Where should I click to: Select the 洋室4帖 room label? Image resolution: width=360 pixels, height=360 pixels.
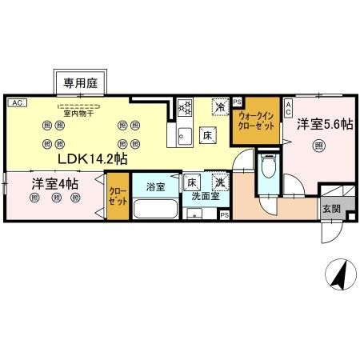pyautogui.click(x=54, y=183)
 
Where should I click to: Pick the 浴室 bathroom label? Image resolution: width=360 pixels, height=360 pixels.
pyautogui.click(x=155, y=188)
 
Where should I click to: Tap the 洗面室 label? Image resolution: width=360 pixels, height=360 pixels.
pyautogui.click(x=206, y=196)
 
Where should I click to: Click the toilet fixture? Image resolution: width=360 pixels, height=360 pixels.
pyautogui.click(x=270, y=168)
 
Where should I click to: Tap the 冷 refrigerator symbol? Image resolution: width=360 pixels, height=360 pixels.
pyautogui.click(x=219, y=105)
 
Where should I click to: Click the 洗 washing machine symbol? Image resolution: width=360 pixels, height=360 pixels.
pyautogui.click(x=220, y=182)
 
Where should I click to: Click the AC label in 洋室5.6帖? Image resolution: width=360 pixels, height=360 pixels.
pyautogui.click(x=289, y=108)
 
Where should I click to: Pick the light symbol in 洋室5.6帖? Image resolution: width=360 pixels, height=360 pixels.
pyautogui.click(x=319, y=146)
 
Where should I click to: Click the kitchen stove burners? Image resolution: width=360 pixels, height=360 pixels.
pyautogui.click(x=183, y=107)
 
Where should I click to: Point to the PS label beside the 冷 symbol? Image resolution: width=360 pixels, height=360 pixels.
pyautogui.click(x=237, y=102)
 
